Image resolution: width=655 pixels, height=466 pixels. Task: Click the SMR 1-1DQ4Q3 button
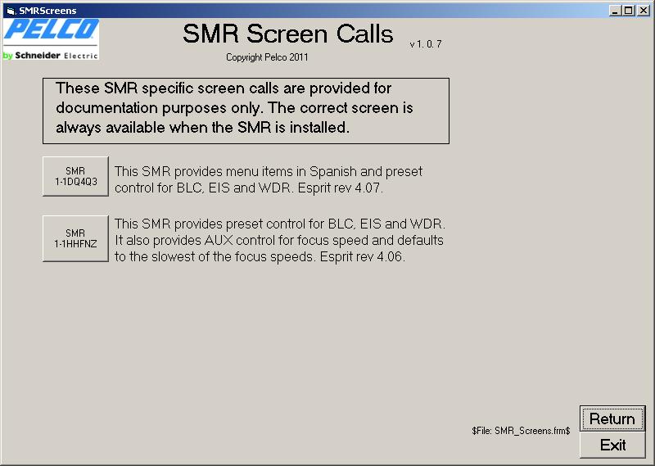click(x=75, y=176)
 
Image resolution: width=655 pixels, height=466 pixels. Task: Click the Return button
click(x=612, y=418)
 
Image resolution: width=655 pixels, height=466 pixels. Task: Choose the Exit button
click(x=612, y=445)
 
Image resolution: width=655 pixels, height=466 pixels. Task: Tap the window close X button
click(x=644, y=11)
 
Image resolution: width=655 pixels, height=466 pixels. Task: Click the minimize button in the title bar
click(x=615, y=11)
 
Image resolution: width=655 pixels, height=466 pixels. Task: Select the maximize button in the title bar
click(x=628, y=11)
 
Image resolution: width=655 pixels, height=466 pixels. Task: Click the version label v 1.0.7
click(x=425, y=44)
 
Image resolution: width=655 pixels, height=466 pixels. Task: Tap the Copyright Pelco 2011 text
click(x=267, y=57)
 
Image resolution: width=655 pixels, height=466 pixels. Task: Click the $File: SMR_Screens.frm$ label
click(x=521, y=431)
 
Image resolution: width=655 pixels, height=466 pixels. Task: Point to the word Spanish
click(x=333, y=172)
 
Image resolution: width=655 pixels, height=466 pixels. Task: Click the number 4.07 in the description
click(x=368, y=188)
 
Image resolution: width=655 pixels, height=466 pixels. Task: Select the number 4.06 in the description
click(x=391, y=256)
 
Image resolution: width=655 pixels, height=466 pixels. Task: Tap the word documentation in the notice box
click(x=106, y=108)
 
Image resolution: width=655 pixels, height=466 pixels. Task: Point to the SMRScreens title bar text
click(x=47, y=11)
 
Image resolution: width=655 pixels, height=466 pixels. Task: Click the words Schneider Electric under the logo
click(x=56, y=55)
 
